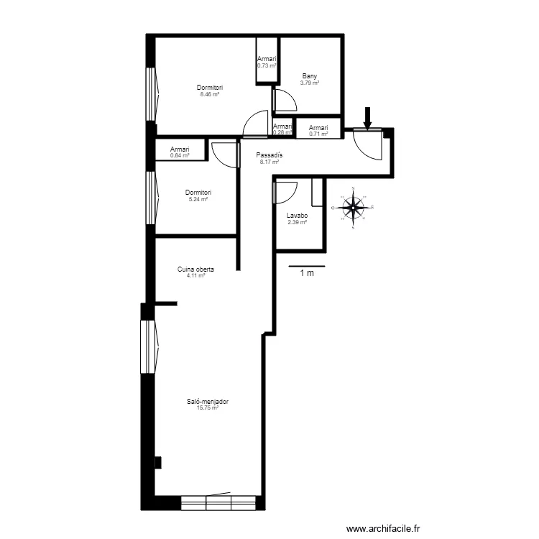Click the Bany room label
(x=310, y=77)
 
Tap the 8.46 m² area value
(x=210, y=94)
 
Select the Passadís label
(x=269, y=155)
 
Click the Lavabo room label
(x=297, y=216)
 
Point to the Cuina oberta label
(x=196, y=269)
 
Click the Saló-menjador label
(x=207, y=402)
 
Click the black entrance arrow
(x=367, y=118)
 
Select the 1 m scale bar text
(x=306, y=273)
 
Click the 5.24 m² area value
(x=198, y=199)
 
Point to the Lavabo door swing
(x=285, y=193)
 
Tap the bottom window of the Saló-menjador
(x=218, y=502)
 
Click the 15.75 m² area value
(x=207, y=407)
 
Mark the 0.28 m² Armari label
(x=282, y=132)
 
